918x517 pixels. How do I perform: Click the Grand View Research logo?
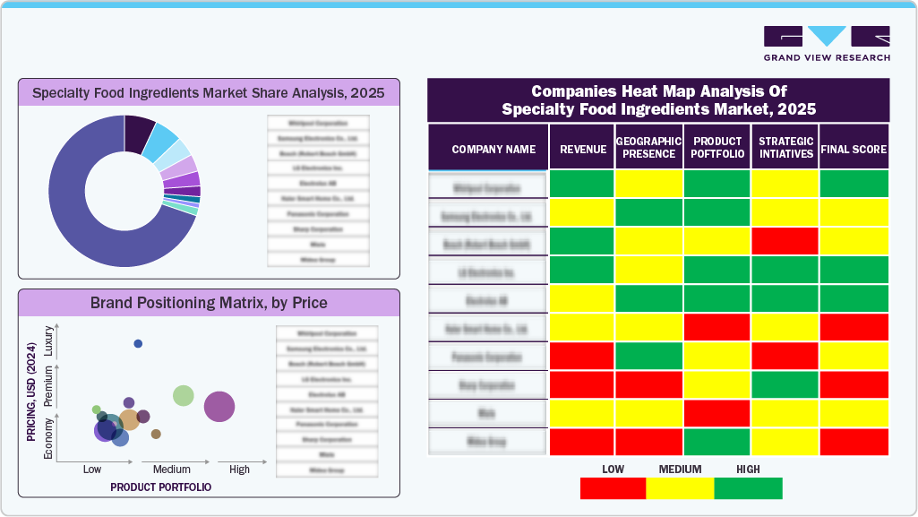pyautogui.click(x=827, y=43)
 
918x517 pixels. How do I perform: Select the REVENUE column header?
pyautogui.click(x=582, y=149)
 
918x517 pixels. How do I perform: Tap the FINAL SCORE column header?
pyautogui.click(x=854, y=149)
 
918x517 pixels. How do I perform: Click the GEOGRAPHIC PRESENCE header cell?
pyautogui.click(x=648, y=148)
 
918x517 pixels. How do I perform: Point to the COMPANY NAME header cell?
pyautogui.click(x=488, y=149)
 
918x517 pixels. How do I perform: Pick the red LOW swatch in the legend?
pyautogui.click(x=613, y=488)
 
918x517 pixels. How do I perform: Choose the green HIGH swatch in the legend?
pyautogui.click(x=748, y=488)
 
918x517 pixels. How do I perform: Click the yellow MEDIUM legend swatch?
pyautogui.click(x=680, y=488)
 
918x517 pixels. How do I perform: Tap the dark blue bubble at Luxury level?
pyautogui.click(x=138, y=343)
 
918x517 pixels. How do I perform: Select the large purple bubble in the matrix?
pyautogui.click(x=219, y=407)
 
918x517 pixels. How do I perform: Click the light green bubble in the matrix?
pyautogui.click(x=184, y=395)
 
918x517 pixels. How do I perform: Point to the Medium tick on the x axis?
pyautogui.click(x=171, y=470)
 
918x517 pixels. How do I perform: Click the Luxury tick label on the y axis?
pyautogui.click(x=49, y=345)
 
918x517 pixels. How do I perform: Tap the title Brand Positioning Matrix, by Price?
pyautogui.click(x=209, y=303)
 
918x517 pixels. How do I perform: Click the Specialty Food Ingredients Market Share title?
pyautogui.click(x=209, y=92)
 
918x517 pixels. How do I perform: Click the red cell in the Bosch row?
pyautogui.click(x=785, y=241)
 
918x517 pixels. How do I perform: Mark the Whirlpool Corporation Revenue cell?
pyautogui.click(x=582, y=184)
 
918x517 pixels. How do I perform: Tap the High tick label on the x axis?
pyautogui.click(x=240, y=470)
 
